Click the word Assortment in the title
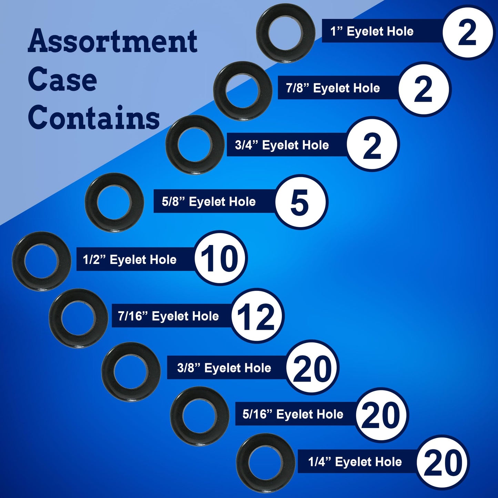pos(112,41)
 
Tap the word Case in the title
pos(62,80)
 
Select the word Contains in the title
pos(94,118)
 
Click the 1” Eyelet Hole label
pos(372,31)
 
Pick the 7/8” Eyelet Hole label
pos(333,88)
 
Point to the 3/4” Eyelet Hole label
pos(282,145)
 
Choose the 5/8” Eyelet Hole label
pos(209,202)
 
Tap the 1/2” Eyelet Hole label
pos(130,260)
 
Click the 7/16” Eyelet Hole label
pos(168,316)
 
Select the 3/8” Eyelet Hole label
pos(224,368)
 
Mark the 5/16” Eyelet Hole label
pos(293,414)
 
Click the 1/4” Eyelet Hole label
pos(355,461)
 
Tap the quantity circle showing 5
pos(300,202)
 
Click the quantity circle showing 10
pos(220,258)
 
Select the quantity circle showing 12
pos(257,316)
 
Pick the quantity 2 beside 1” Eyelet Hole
pos(468,32)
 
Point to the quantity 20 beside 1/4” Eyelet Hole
pos(443,462)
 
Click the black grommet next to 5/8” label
pos(114,202)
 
